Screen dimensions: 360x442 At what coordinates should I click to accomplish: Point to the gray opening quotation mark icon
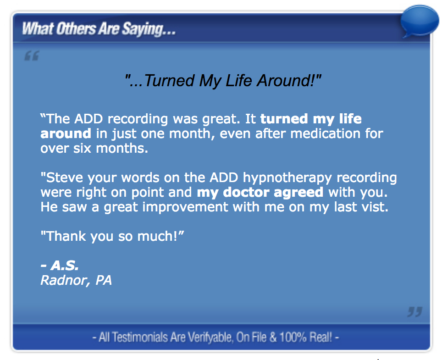tap(32, 56)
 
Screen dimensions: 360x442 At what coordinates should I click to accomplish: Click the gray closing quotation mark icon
tap(414, 312)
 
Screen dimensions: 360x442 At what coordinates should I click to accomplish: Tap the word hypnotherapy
tap(288, 178)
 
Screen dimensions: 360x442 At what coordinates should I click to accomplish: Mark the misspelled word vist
tap(375, 207)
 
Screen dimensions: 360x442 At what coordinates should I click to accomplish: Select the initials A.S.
tap(65, 266)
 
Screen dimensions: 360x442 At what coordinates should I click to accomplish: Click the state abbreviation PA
tap(103, 280)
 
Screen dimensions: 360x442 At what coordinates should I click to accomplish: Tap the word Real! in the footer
tap(321, 338)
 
